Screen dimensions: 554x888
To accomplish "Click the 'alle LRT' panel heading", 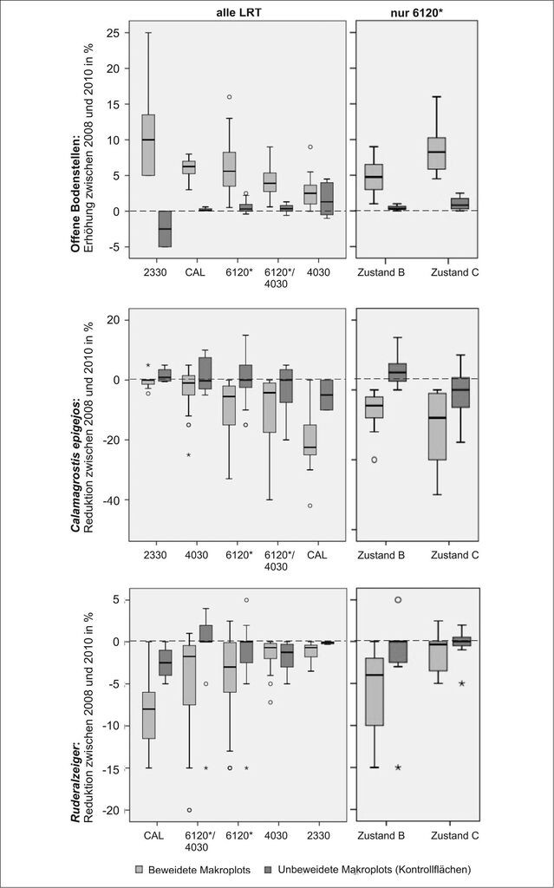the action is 239,12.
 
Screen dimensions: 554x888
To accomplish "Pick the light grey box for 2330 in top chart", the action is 148,145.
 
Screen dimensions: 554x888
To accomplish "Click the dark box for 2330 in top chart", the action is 165,229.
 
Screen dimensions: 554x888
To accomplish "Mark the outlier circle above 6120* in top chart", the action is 230,97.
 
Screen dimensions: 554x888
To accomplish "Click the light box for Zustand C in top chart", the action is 437,153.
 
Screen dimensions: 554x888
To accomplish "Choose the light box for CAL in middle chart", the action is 310,440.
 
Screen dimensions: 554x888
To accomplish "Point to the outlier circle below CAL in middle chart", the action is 310,506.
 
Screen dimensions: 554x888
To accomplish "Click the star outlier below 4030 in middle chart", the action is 189,454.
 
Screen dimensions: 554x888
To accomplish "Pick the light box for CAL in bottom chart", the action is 148,715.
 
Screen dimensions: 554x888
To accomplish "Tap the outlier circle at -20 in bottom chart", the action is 189,810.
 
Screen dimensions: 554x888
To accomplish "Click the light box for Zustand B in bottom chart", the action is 375,691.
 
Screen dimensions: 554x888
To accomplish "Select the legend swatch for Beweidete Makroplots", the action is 140,869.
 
